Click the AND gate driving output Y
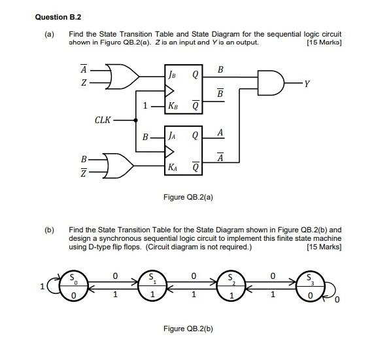tap(272, 84)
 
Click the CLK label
tap(103, 120)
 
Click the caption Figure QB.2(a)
tap(188, 196)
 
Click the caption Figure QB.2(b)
tap(188, 329)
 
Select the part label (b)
tap(50, 230)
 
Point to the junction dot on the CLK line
tap(135, 120)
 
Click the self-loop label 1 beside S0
tap(42, 286)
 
